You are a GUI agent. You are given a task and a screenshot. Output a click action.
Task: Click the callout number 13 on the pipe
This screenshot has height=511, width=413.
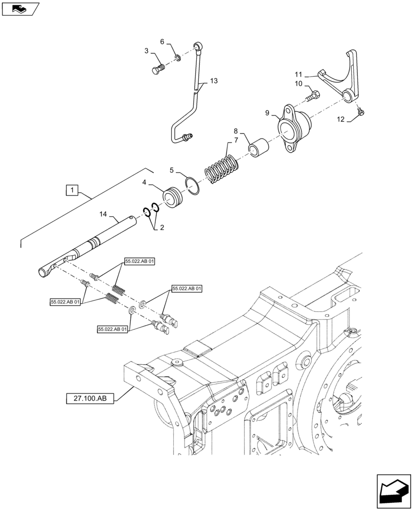click(x=213, y=81)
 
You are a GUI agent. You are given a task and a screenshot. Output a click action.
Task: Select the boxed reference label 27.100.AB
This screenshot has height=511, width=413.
click(x=89, y=397)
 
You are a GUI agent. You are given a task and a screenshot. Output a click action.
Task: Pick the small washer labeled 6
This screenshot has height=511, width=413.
click(x=176, y=58)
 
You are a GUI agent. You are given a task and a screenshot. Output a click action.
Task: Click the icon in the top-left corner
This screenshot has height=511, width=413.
click(x=19, y=9)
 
